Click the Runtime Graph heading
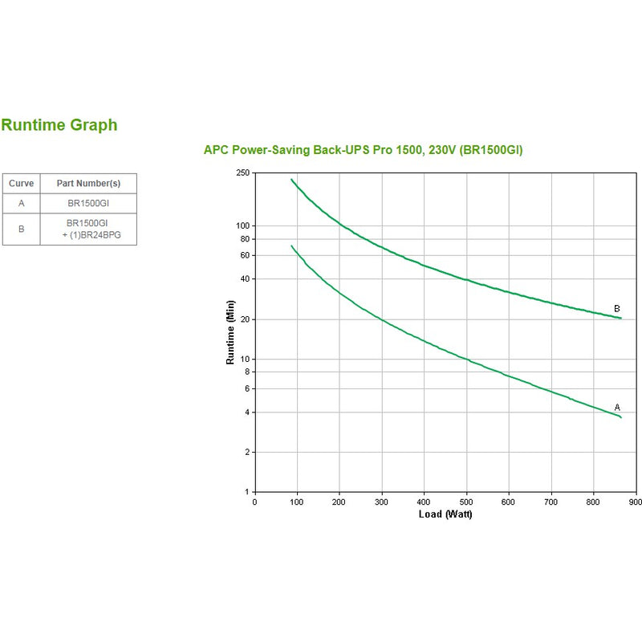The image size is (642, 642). click(59, 125)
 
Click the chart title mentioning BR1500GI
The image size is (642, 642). click(364, 150)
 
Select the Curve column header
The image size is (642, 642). click(21, 183)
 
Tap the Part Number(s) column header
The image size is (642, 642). click(88, 183)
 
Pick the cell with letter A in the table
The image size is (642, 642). click(21, 203)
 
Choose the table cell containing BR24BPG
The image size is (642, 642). click(88, 234)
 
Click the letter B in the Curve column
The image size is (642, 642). click(21, 229)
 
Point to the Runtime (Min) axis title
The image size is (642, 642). click(230, 332)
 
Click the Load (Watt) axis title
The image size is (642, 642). click(445, 514)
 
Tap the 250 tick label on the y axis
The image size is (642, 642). click(243, 173)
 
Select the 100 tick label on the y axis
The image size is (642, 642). click(243, 226)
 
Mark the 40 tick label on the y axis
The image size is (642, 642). click(246, 278)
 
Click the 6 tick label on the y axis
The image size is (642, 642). click(247, 388)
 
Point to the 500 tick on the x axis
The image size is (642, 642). click(466, 502)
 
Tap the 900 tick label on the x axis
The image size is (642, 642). click(635, 502)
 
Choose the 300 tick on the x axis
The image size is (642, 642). click(382, 502)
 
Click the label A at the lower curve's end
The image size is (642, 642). click(617, 407)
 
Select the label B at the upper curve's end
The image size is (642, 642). click(617, 308)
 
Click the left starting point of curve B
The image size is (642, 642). click(291, 179)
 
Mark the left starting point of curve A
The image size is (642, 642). click(291, 246)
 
